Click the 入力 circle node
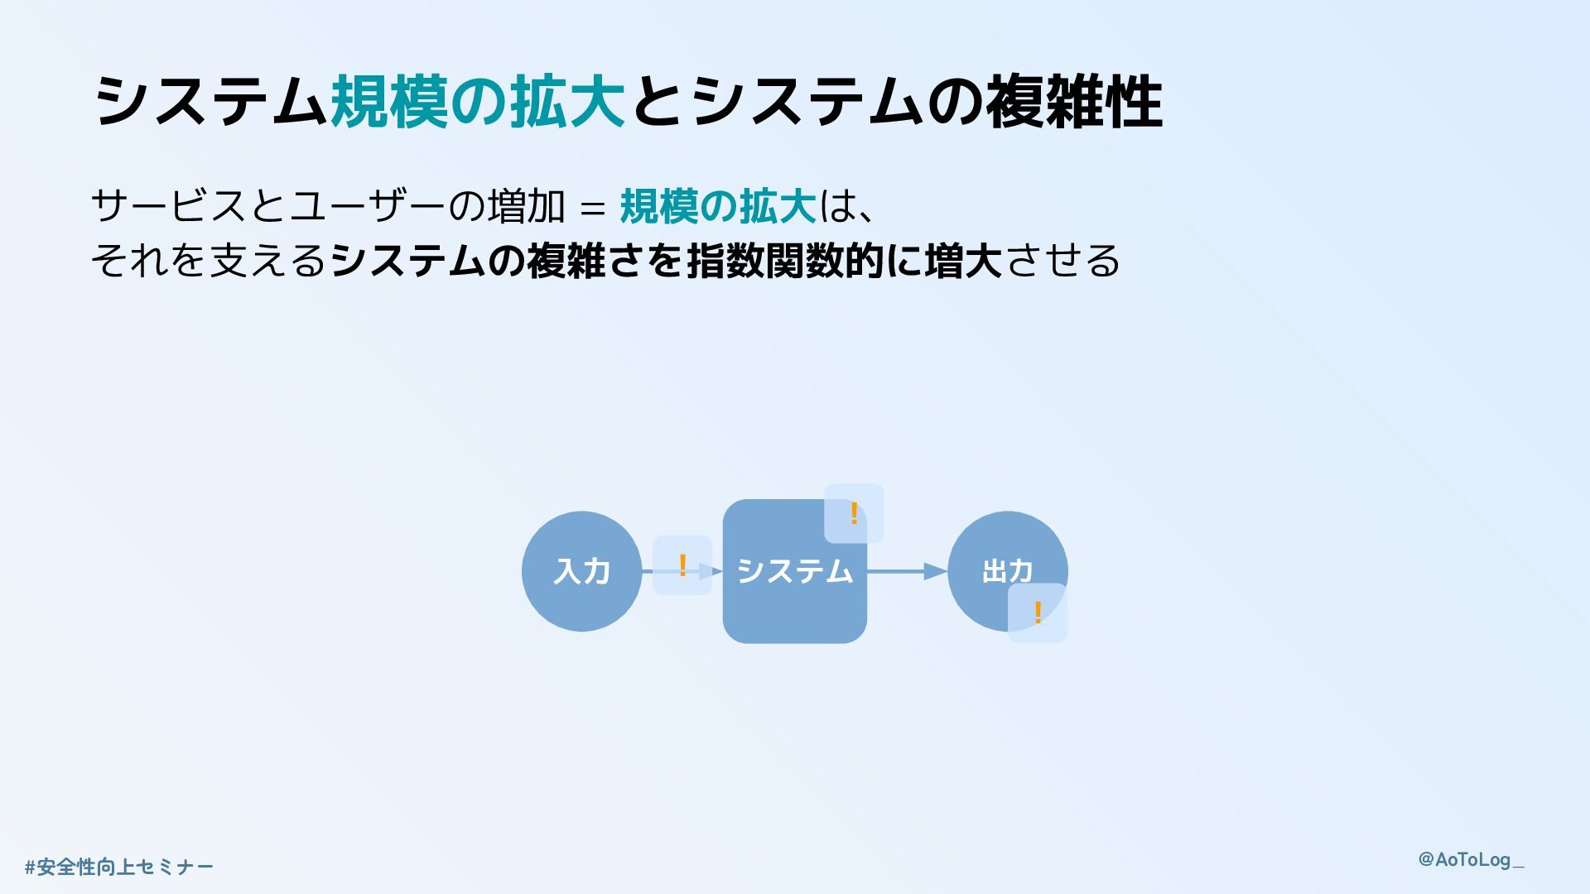tap(581, 571)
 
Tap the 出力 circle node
tap(994, 563)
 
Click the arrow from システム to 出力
tap(907, 571)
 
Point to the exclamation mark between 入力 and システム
tap(682, 565)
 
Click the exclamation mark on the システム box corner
tap(854, 513)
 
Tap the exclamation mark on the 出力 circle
tap(1038, 613)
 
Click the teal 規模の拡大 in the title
tap(478, 102)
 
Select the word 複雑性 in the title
tap(1074, 102)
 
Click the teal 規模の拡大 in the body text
tap(718, 206)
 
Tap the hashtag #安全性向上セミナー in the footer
tap(119, 867)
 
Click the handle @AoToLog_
tap(1471, 859)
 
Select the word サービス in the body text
tap(169, 206)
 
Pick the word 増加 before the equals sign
tap(527, 206)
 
